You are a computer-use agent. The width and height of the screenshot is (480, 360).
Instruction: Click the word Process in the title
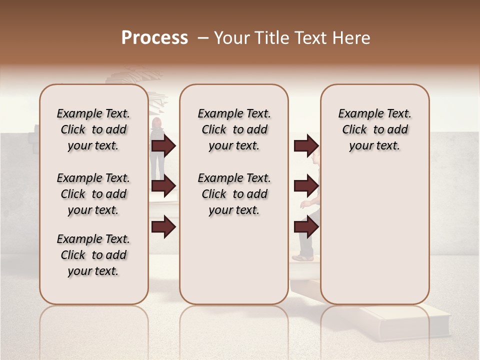click(154, 38)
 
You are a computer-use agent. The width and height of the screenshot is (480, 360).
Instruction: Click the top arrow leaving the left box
click(163, 145)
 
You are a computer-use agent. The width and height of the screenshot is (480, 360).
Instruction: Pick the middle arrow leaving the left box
click(163, 186)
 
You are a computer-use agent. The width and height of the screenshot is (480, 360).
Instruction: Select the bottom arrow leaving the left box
click(163, 226)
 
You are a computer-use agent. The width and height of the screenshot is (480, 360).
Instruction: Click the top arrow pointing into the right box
click(306, 145)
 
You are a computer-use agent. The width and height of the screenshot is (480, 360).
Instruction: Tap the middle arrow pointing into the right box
click(306, 186)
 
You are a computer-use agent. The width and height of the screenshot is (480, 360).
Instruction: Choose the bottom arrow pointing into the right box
click(306, 226)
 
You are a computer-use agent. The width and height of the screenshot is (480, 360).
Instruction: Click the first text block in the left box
click(93, 129)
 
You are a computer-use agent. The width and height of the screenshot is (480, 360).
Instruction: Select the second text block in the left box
click(93, 194)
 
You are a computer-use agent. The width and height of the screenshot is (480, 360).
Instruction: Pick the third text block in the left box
click(93, 255)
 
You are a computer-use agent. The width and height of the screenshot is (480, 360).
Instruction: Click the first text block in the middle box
click(234, 129)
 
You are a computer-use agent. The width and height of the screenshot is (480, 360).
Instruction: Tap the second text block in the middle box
click(234, 194)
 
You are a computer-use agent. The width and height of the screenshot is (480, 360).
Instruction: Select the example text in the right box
click(374, 129)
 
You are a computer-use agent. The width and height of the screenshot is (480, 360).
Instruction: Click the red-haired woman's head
click(156, 123)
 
